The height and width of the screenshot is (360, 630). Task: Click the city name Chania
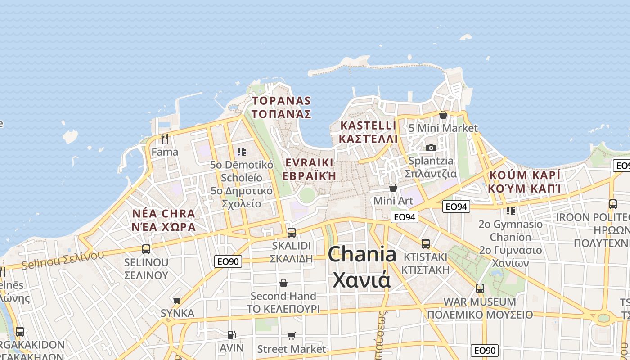(x=362, y=255)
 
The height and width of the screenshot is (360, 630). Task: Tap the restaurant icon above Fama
(x=165, y=138)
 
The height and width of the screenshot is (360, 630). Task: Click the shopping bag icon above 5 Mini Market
(x=443, y=115)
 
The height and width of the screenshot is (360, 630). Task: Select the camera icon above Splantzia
(x=431, y=148)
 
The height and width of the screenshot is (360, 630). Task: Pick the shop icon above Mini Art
(x=393, y=188)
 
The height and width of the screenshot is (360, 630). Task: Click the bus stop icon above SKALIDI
(x=292, y=232)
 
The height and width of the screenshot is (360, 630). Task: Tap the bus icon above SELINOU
(x=146, y=249)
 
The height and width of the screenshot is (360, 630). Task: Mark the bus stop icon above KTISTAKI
(x=426, y=244)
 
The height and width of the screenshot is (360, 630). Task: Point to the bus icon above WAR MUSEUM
(x=480, y=288)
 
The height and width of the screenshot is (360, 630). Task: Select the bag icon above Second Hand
(x=283, y=283)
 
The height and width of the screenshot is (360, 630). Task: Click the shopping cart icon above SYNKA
(x=177, y=300)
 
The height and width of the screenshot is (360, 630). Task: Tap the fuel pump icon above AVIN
(x=231, y=334)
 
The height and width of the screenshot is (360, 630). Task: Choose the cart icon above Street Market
(x=292, y=336)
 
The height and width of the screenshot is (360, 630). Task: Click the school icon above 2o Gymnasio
(x=510, y=211)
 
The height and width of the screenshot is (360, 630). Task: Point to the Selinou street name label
(x=63, y=259)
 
